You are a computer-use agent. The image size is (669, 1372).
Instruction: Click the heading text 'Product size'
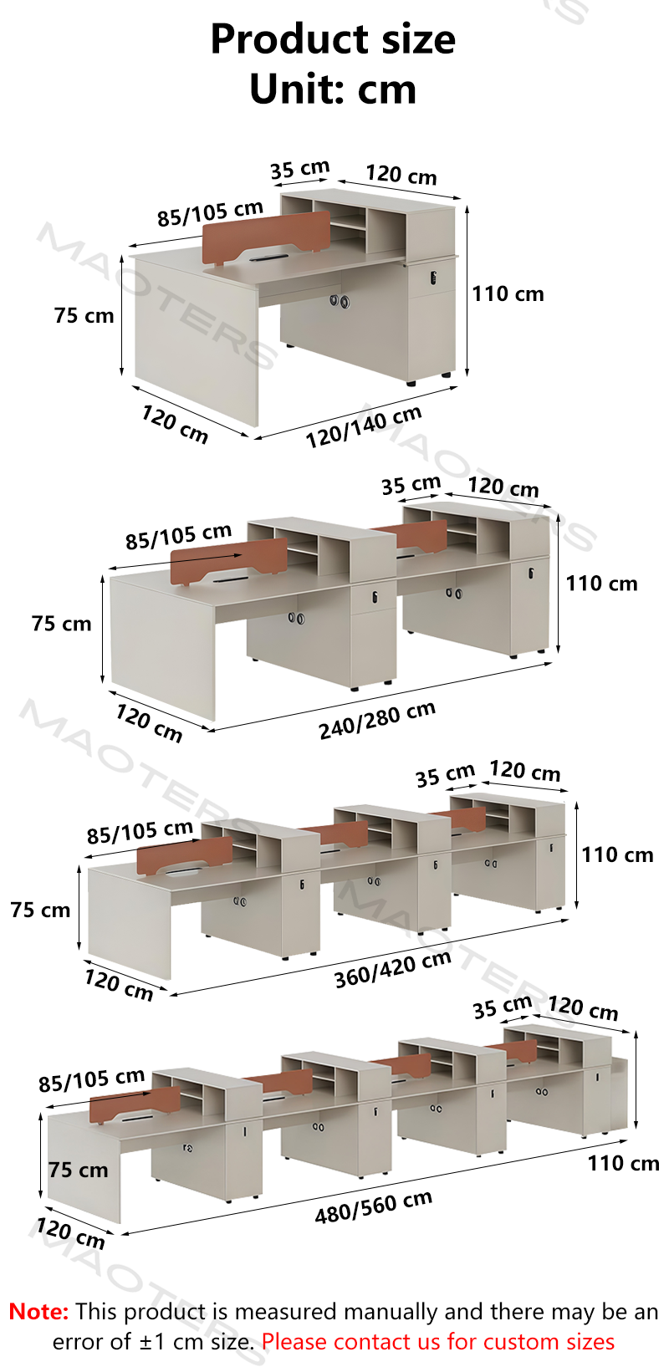pyautogui.click(x=334, y=39)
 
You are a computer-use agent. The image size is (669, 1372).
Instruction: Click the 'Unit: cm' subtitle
pyautogui.click(x=334, y=89)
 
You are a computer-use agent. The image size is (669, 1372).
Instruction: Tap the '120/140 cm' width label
pyautogui.click(x=364, y=426)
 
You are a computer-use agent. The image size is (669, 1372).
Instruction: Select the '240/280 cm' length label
pyautogui.click(x=377, y=721)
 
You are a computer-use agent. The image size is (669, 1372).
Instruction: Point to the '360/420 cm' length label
pyautogui.click(x=393, y=970)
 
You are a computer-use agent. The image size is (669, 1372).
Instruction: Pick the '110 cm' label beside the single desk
pyautogui.click(x=508, y=294)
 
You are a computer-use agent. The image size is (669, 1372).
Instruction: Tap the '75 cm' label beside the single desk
pyautogui.click(x=84, y=315)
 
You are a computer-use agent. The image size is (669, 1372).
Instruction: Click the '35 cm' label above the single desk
pyautogui.click(x=300, y=169)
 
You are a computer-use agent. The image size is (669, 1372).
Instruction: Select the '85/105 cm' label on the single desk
pyautogui.click(x=210, y=213)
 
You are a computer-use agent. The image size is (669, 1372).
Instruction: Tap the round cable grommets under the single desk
pyautogui.click(x=340, y=301)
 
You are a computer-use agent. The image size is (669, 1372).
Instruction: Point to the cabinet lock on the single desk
pyautogui.click(x=433, y=277)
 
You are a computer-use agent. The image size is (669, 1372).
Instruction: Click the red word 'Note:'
pyautogui.click(x=38, y=1311)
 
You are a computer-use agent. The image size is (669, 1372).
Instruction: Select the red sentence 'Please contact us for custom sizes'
pyautogui.click(x=438, y=1341)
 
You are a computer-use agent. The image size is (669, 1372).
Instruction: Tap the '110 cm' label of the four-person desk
pyautogui.click(x=624, y=1163)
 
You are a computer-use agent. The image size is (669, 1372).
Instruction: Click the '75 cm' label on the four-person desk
pyautogui.click(x=79, y=1170)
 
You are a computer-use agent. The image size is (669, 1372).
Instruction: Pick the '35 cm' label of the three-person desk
pyautogui.click(x=446, y=775)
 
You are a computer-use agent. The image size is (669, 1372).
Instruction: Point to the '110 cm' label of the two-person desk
pyautogui.click(x=601, y=584)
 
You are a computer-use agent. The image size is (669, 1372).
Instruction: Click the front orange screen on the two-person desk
pyautogui.click(x=229, y=561)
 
